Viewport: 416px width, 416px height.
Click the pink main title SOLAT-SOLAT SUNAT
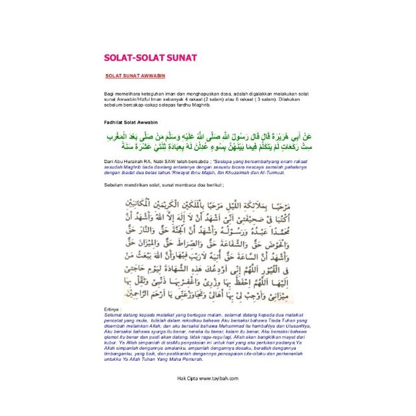[x=150, y=58]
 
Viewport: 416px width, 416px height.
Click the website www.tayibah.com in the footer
[x=219, y=378]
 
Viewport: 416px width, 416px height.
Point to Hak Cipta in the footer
[x=187, y=378]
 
